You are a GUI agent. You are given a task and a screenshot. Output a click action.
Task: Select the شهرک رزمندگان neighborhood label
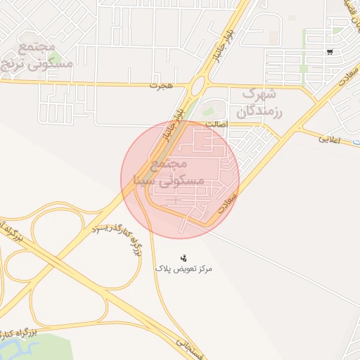(260, 103)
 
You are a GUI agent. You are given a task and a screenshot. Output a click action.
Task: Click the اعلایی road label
(329, 139)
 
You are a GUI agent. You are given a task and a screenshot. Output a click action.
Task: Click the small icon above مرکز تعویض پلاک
(184, 258)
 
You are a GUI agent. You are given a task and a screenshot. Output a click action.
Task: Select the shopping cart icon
(330, 52)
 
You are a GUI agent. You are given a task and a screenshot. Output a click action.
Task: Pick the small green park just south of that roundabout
(208, 111)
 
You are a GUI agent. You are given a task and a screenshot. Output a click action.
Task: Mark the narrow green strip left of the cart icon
(304, 49)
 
